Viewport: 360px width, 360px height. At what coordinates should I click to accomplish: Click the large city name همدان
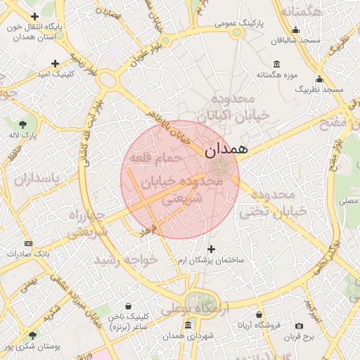click(226, 150)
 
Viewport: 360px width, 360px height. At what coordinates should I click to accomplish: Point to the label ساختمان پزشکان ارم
click(212, 260)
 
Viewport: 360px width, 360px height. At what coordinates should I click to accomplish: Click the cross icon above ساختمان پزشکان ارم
click(212, 249)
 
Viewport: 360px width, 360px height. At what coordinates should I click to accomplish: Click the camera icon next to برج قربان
click(300, 326)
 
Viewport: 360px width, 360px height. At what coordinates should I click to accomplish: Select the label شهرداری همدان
click(188, 336)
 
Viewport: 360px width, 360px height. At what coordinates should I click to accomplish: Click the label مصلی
click(348, 201)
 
